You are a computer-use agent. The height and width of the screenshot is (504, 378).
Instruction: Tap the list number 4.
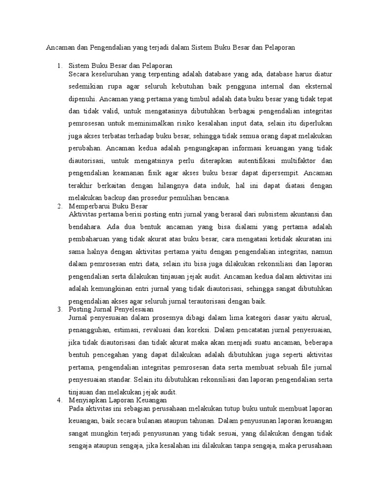point(59,401)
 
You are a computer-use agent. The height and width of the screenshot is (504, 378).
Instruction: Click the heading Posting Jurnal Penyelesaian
point(111,309)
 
